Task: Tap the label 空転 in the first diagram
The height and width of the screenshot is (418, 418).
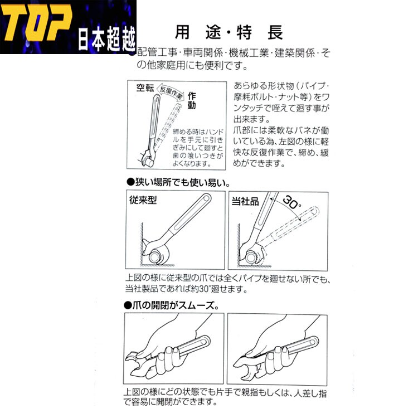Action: coord(147,88)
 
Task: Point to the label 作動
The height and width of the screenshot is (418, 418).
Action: coord(191,100)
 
